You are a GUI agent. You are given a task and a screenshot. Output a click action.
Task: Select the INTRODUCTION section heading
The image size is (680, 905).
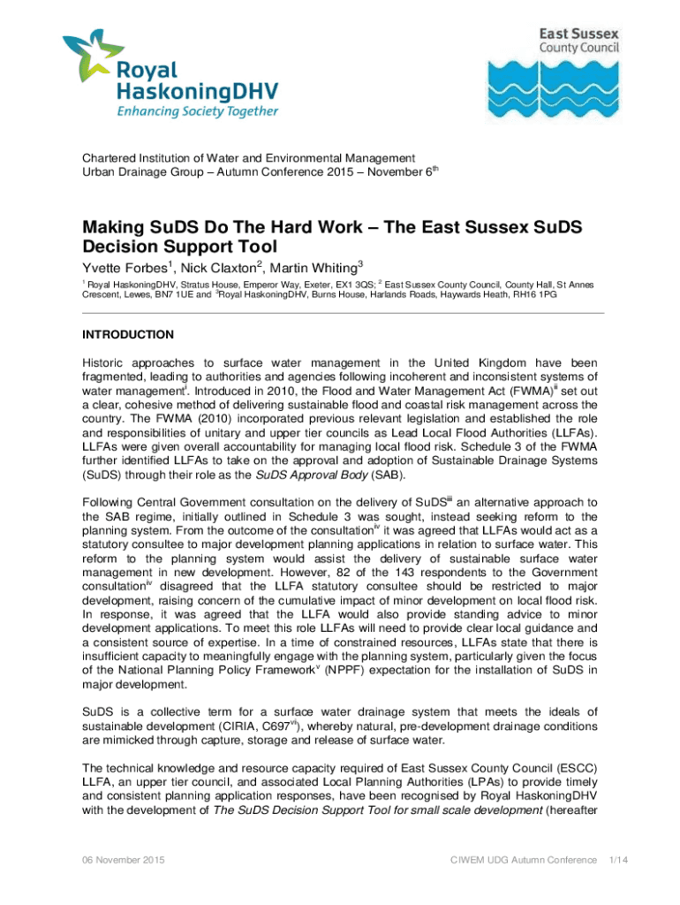pos(128,335)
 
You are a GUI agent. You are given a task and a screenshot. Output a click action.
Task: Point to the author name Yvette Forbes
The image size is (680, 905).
pos(123,268)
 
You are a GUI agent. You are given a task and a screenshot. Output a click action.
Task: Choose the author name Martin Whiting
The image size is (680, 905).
pos(312,268)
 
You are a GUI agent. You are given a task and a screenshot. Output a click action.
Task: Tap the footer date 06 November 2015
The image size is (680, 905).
pos(123,859)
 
